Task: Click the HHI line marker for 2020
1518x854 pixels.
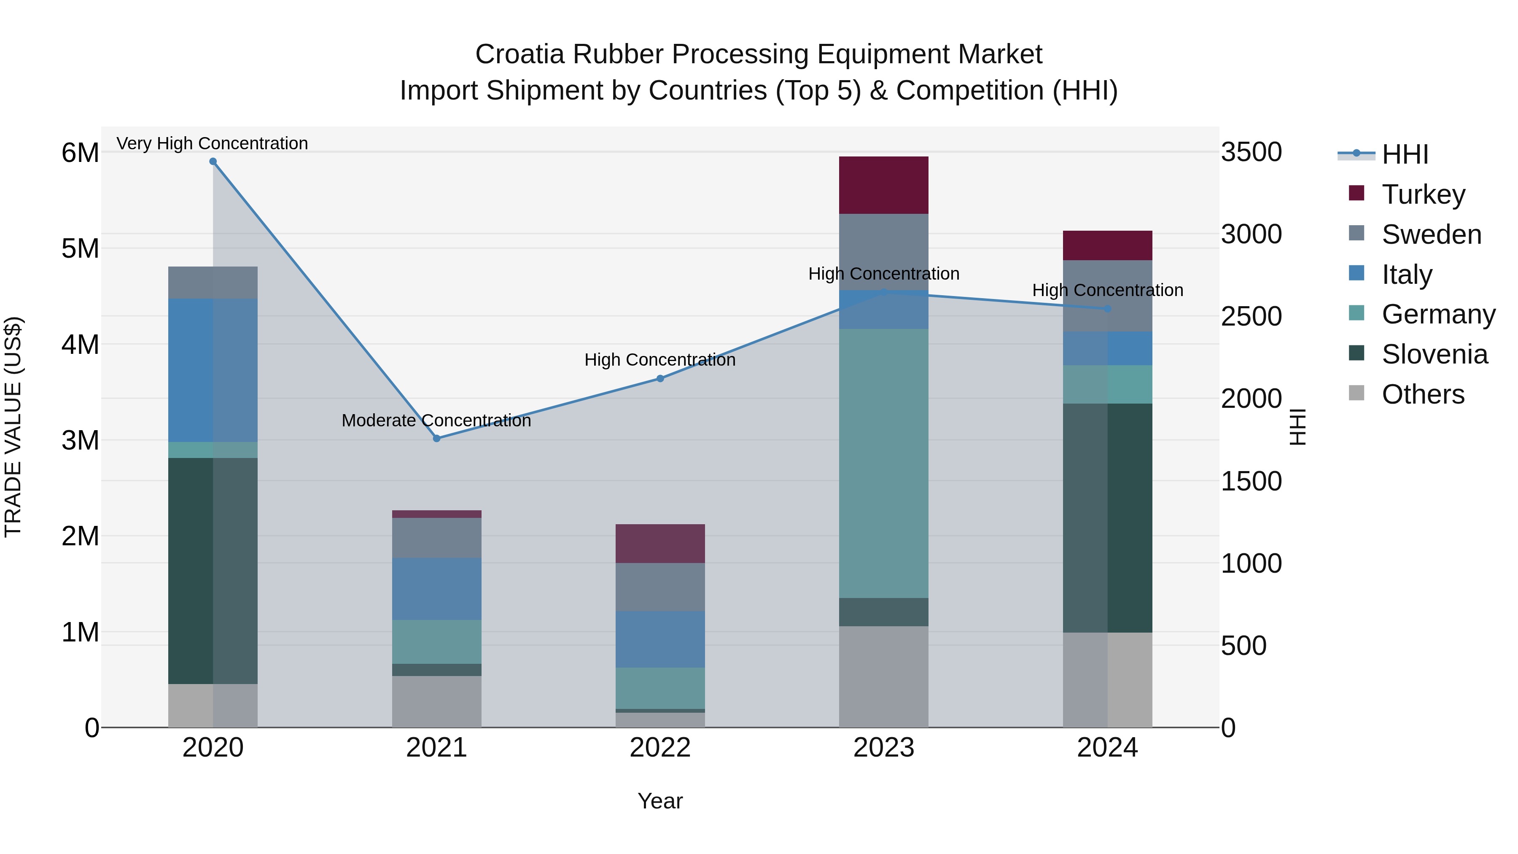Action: [x=213, y=162]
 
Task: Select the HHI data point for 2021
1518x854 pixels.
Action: [x=437, y=439]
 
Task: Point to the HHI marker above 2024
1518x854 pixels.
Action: [x=1107, y=309]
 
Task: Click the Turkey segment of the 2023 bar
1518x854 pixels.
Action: [x=883, y=185]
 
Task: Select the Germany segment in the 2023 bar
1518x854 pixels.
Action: [x=883, y=463]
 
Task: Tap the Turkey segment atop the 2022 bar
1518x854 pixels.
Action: [x=660, y=544]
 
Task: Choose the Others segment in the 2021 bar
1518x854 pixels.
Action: [x=437, y=701]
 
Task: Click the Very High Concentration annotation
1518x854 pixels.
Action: [x=212, y=143]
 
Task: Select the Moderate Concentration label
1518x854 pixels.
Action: [x=436, y=420]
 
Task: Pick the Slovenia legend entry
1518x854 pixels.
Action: [x=1435, y=354]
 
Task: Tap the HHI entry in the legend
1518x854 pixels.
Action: [x=1405, y=154]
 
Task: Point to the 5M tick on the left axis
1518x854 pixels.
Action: [x=80, y=248]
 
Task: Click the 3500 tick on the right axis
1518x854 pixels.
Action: [x=1251, y=152]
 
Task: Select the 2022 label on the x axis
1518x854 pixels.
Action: [x=660, y=748]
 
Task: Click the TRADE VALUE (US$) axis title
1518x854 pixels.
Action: [x=13, y=427]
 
